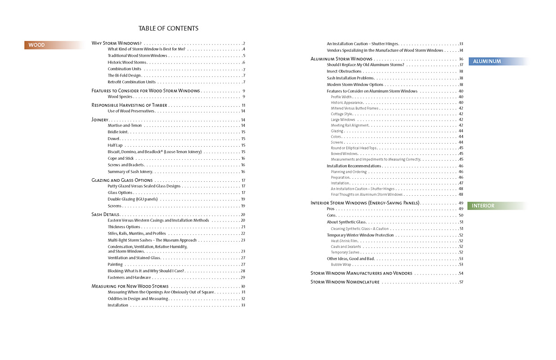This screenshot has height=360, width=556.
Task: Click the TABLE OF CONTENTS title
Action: (x=168, y=28)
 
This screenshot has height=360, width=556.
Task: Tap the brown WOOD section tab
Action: (x=37, y=45)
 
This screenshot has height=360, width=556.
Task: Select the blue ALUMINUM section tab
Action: (x=487, y=61)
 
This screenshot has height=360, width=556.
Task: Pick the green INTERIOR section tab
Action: (x=483, y=206)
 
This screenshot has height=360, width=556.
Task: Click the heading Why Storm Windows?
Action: (x=117, y=43)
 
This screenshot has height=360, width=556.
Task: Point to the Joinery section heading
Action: (x=99, y=120)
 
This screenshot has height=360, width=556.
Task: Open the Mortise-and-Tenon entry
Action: (x=125, y=126)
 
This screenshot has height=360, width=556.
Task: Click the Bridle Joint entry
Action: (x=118, y=132)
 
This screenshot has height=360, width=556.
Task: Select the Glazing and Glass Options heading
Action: (x=122, y=180)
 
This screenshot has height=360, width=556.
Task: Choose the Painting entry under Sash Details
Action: (x=115, y=265)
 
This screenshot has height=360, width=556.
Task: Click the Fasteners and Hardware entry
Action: (x=129, y=278)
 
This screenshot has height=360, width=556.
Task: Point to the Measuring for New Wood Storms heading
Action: (x=130, y=286)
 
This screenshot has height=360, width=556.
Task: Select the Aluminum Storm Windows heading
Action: (x=341, y=59)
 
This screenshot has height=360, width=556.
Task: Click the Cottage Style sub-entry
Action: (x=341, y=114)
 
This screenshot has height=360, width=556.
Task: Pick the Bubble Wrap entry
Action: (x=341, y=265)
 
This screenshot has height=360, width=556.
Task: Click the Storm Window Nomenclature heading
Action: (x=345, y=282)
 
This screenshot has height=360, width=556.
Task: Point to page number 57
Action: (x=461, y=282)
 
